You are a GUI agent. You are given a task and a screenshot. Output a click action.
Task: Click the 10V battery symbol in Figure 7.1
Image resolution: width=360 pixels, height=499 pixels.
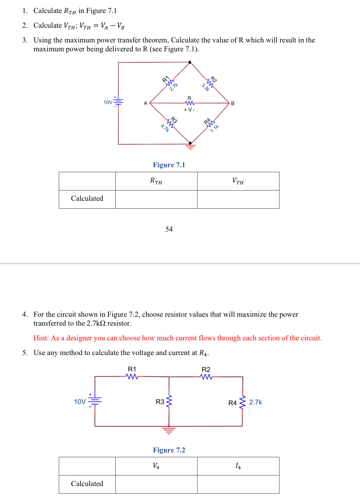(118, 102)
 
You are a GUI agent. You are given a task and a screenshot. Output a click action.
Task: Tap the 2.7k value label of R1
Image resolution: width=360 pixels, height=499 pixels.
(173, 87)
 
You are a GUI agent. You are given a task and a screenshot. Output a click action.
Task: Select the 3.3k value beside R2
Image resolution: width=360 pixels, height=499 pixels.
(205, 88)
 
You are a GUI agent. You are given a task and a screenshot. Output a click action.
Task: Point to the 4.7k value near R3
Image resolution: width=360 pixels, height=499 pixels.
(165, 128)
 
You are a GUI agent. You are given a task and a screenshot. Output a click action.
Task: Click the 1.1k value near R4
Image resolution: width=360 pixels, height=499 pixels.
(214, 129)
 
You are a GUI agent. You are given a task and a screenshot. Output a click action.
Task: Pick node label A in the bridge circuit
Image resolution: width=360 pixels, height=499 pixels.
(145, 103)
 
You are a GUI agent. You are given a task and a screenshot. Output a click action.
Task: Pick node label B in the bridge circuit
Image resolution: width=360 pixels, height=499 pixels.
(233, 103)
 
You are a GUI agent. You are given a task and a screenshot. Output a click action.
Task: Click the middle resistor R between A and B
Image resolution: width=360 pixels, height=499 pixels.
(190, 103)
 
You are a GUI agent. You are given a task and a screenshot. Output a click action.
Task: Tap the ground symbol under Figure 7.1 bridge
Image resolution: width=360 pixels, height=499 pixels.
(191, 147)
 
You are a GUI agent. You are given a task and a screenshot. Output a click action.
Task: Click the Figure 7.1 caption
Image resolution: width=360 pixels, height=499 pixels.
(169, 165)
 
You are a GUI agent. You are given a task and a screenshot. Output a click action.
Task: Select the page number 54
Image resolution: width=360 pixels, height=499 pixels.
(169, 229)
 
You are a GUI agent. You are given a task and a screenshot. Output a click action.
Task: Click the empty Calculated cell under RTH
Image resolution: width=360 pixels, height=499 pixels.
(156, 199)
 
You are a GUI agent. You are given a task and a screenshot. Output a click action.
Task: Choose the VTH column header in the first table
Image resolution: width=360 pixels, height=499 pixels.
(238, 181)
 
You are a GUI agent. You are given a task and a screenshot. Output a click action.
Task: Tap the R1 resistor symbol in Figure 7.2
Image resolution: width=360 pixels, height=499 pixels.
(132, 376)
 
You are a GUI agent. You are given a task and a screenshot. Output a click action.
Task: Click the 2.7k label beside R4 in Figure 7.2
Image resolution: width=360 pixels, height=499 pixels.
(255, 402)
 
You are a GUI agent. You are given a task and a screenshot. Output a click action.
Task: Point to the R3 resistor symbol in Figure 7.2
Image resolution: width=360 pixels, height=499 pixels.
(169, 402)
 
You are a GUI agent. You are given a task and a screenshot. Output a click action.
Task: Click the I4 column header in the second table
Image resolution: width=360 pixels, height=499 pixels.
(238, 466)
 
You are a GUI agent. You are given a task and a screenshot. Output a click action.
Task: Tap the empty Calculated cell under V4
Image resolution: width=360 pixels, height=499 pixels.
(156, 484)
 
